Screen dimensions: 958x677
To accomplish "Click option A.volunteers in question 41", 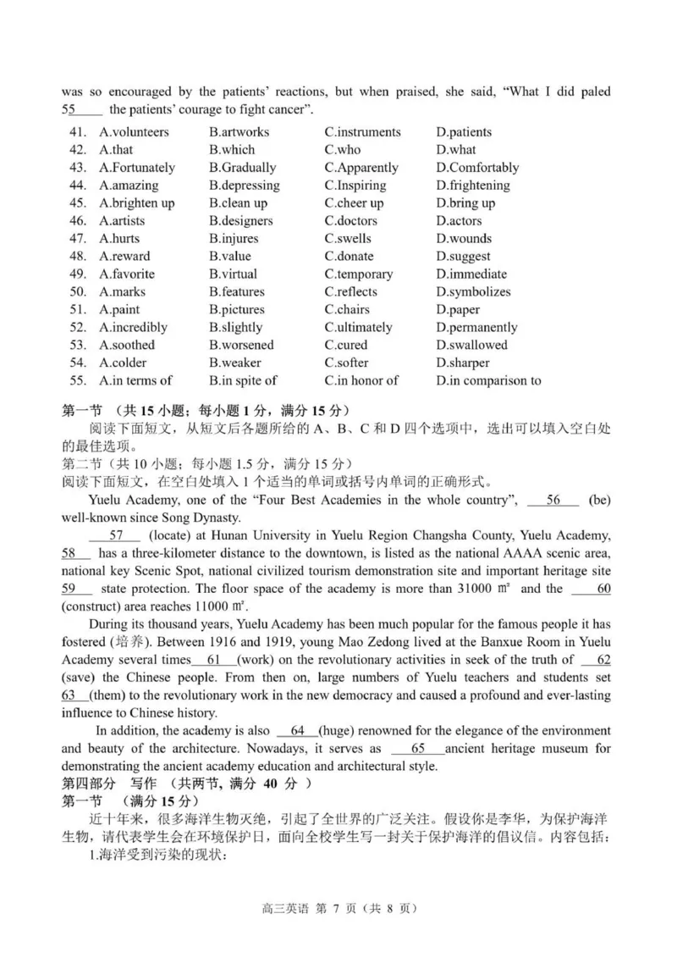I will [134, 132].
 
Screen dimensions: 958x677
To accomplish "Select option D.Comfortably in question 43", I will [477, 168].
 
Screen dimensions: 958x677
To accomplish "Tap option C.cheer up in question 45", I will [354, 203].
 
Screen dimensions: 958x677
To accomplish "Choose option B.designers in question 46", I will [240, 221].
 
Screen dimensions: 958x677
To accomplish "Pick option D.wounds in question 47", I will [464, 239].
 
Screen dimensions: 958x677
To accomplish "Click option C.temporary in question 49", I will [358, 274].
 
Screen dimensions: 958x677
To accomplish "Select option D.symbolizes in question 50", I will [473, 292].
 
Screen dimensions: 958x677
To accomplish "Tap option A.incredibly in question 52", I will [133, 328].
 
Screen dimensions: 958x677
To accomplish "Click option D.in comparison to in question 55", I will [488, 381].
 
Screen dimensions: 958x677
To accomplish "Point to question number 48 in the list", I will [78, 257].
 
